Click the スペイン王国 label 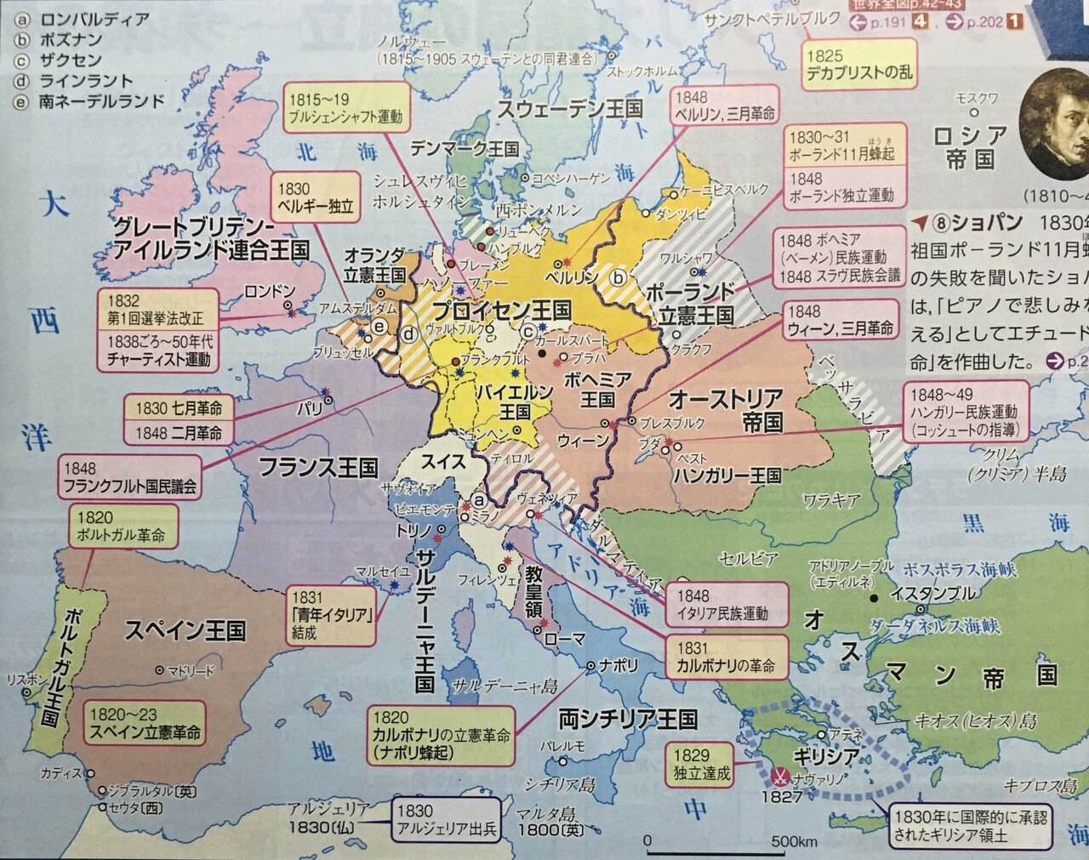tap(185, 631)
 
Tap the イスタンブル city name tap(932, 594)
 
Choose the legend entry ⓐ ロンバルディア tap(81, 20)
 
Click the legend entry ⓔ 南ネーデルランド tap(88, 101)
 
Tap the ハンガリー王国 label tap(727, 476)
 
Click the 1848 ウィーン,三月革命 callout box tap(841, 320)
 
